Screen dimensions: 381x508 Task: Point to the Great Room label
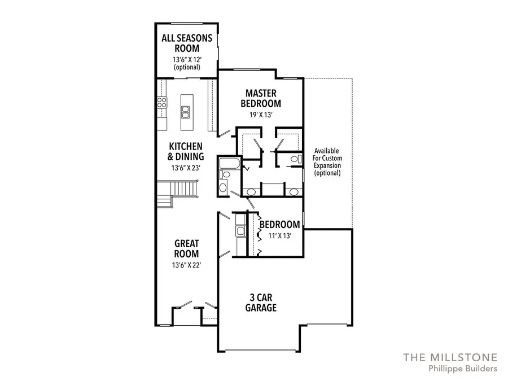pos(186,249)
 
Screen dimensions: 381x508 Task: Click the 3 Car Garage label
pos(261,303)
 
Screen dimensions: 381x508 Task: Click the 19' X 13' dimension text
pos(261,114)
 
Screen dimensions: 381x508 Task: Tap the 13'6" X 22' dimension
pos(186,265)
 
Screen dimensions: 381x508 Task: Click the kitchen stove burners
pos(161,103)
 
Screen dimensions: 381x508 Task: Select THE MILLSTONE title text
pos(450,357)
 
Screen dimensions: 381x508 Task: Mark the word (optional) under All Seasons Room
pos(187,67)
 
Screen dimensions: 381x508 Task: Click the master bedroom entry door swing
pos(224,134)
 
